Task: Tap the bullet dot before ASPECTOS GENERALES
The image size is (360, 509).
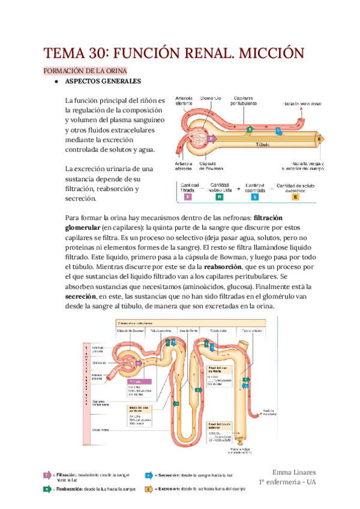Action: click(x=56, y=82)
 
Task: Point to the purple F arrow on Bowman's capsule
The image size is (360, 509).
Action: click(x=210, y=137)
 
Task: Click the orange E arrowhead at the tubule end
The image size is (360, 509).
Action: click(x=320, y=139)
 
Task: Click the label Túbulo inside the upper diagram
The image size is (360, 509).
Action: click(x=263, y=145)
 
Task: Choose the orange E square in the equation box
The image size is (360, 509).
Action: click(x=295, y=196)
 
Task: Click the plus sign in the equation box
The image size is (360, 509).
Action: click(x=238, y=188)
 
